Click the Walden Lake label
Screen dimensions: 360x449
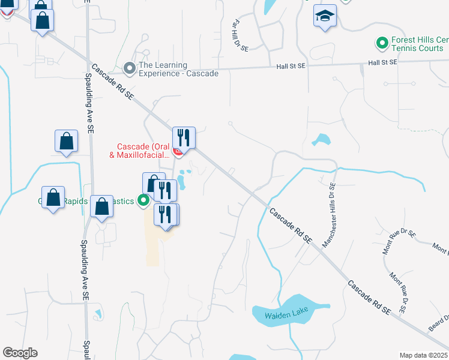276,314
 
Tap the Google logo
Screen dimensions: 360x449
20,353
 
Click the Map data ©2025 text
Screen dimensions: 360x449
424,355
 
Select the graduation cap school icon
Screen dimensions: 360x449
325,16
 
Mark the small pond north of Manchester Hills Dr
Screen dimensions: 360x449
322,140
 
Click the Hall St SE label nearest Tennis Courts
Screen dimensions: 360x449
382,62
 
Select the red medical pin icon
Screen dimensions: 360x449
178,152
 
